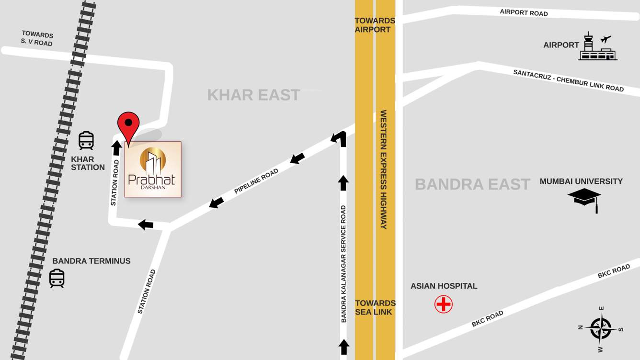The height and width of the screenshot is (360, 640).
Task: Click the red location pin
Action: [x=128, y=125]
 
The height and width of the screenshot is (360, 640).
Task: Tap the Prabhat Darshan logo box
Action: [x=153, y=169]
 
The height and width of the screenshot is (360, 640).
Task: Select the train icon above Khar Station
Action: [x=86, y=141]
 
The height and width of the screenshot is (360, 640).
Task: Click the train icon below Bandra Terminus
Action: [x=57, y=278]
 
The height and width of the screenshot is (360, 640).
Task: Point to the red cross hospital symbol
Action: [x=444, y=304]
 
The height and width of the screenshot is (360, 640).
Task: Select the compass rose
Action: [x=601, y=329]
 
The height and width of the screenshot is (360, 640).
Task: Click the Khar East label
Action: [x=253, y=95]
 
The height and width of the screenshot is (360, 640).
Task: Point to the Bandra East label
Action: [x=472, y=184]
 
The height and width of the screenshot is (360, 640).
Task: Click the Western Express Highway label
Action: [x=384, y=169]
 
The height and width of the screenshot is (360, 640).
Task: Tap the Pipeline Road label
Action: [x=256, y=181]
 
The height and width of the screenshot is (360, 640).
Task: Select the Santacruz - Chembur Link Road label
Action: [x=568, y=80]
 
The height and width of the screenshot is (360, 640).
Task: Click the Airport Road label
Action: [x=524, y=12]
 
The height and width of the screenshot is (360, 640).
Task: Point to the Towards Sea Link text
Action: [x=375, y=307]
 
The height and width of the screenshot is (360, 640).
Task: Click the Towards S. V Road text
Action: [x=37, y=38]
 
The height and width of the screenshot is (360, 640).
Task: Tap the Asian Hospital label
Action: [x=444, y=286]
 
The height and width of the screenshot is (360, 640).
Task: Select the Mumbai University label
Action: [x=581, y=181]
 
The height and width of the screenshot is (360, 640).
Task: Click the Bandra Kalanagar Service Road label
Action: [x=343, y=263]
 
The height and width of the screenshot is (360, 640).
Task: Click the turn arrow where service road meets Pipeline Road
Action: [x=339, y=138]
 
